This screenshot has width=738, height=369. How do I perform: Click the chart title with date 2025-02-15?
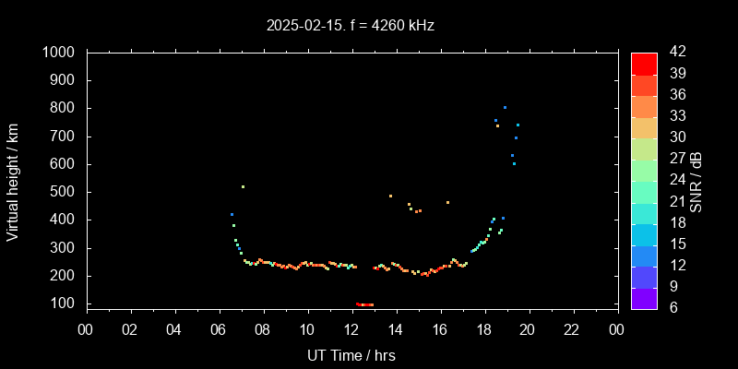pyautogui.click(x=350, y=25)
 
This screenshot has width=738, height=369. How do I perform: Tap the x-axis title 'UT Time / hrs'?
pyautogui.click(x=351, y=354)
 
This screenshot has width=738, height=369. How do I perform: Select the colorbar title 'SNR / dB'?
pyautogui.click(x=696, y=181)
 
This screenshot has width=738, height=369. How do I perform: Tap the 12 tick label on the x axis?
pyautogui.click(x=351, y=329)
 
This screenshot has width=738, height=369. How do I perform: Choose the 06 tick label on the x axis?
pyautogui.click(x=219, y=329)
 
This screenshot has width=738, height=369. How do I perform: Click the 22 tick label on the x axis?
pyautogui.click(x=573, y=329)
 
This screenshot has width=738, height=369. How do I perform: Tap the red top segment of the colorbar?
pyautogui.click(x=644, y=63)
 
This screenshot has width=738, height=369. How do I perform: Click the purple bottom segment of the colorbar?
pyautogui.click(x=644, y=297)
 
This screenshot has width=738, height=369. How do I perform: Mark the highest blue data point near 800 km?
pyautogui.click(x=505, y=108)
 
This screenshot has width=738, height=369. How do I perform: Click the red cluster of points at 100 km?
pyautogui.click(x=364, y=304)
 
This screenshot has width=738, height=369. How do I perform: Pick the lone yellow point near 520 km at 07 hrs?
pyautogui.click(x=243, y=186)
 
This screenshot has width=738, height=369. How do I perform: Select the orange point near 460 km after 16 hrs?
pyautogui.click(x=447, y=203)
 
